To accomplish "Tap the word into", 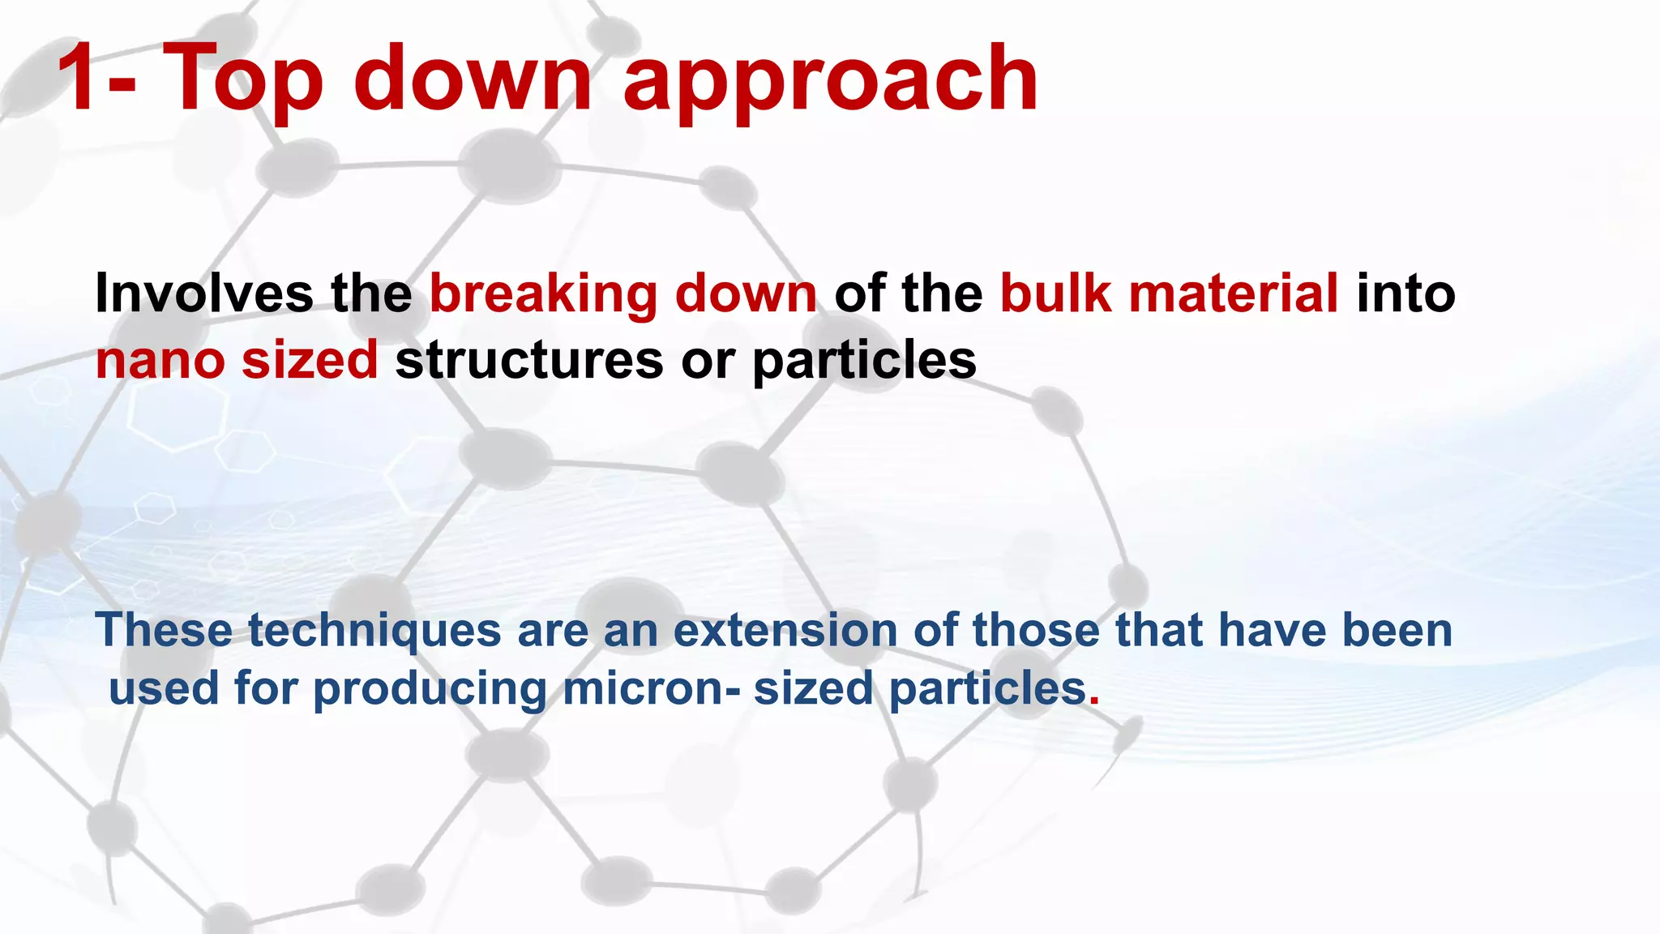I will (1405, 293).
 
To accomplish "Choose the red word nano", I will (160, 360).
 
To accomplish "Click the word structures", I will (529, 360).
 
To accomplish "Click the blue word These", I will (164, 630).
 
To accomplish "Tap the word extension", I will (785, 630).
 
